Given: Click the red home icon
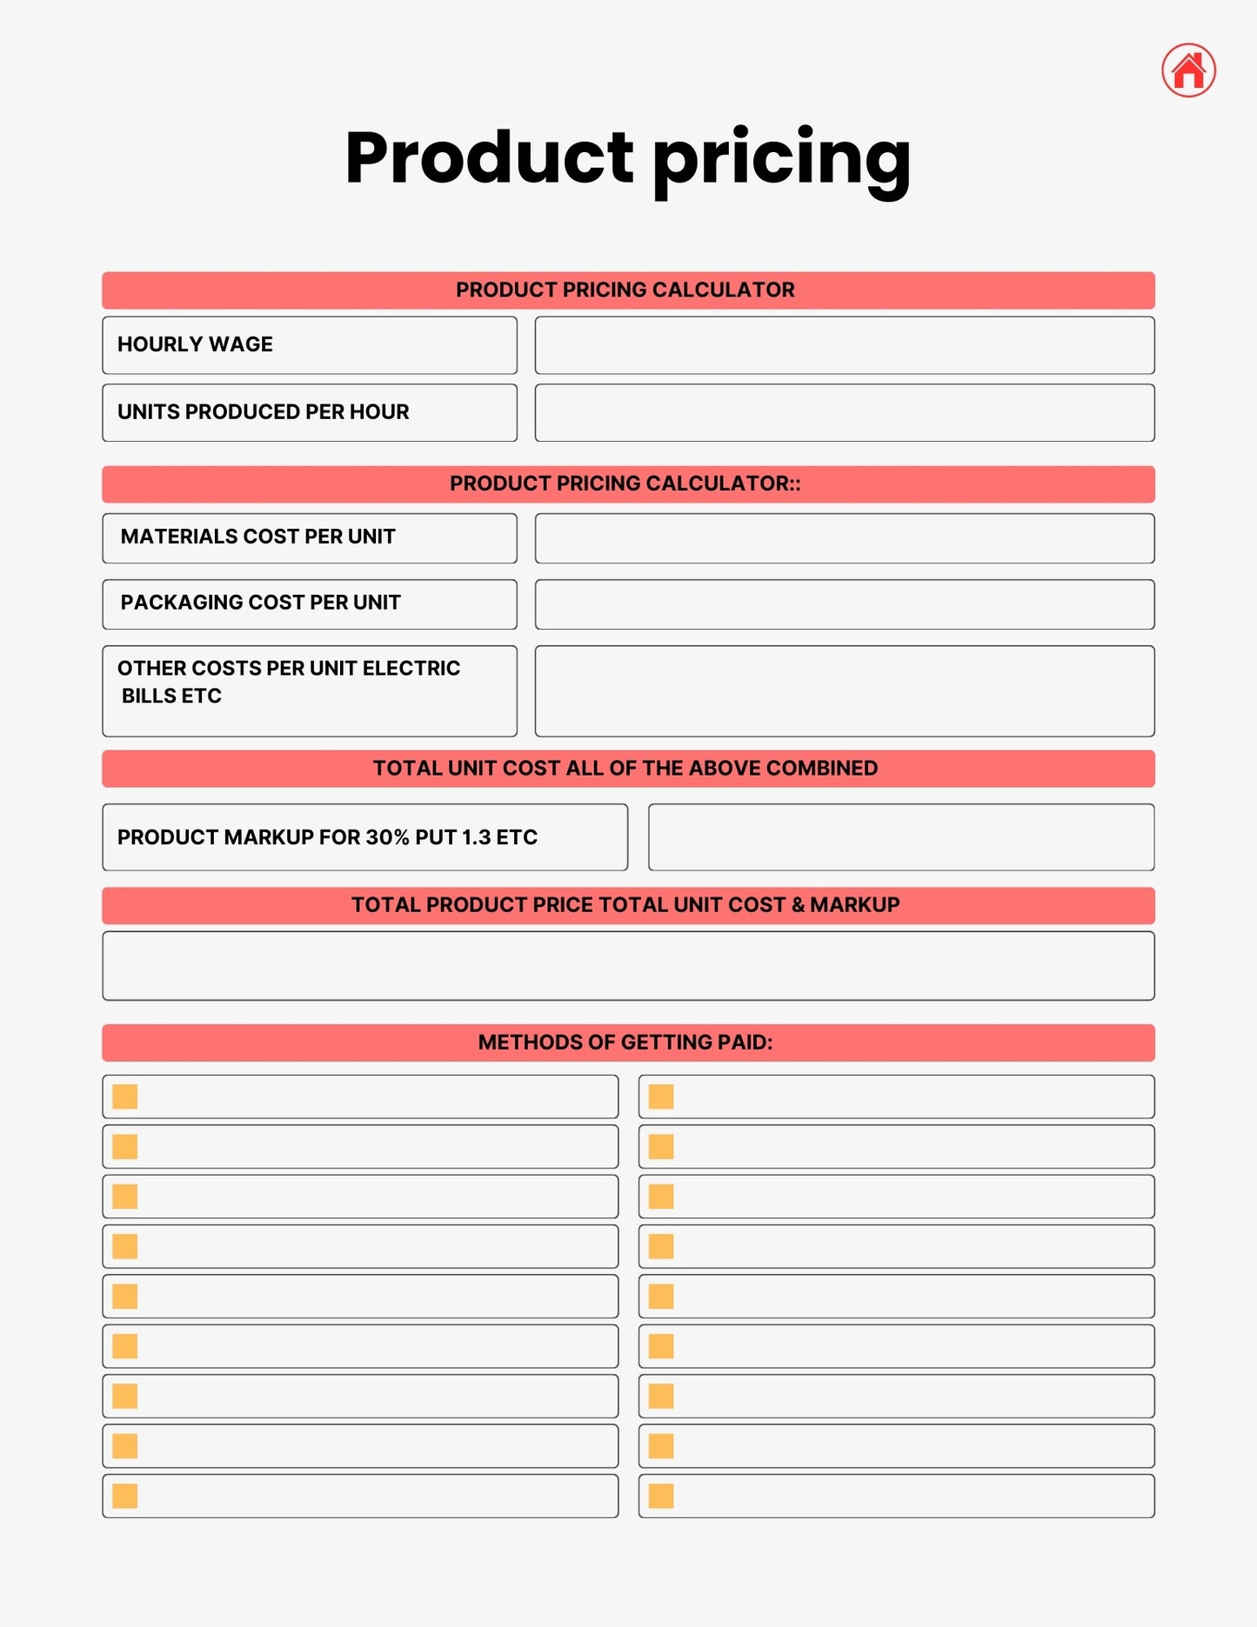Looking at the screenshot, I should tap(1188, 70).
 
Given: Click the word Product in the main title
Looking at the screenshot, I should tap(489, 158).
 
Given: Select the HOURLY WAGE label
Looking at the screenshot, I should tap(195, 344).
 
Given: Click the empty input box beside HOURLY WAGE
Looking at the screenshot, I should tap(844, 345).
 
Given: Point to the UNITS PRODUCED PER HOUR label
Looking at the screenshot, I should tap(263, 412).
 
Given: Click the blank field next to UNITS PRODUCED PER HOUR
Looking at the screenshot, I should tap(844, 412).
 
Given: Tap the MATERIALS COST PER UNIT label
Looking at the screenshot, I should tap(257, 537).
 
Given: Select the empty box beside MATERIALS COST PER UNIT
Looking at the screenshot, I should tap(844, 538).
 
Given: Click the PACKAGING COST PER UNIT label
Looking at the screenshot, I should tap(260, 603).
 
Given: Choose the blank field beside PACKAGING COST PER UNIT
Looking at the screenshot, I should tap(844, 604).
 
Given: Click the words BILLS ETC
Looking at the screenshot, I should tap(171, 697).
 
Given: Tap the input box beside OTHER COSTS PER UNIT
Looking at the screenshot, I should tap(844, 691).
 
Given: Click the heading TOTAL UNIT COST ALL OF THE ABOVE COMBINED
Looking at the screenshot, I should tap(625, 769).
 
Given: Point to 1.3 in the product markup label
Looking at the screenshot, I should tap(476, 837).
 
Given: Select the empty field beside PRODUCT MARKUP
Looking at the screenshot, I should tap(901, 837).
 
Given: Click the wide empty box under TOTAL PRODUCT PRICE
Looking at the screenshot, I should tap(628, 966).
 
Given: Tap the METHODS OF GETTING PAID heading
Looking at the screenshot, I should tap(625, 1043).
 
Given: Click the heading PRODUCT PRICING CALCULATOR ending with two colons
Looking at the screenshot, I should tap(625, 484).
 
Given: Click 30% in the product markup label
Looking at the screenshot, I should tap(387, 837).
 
